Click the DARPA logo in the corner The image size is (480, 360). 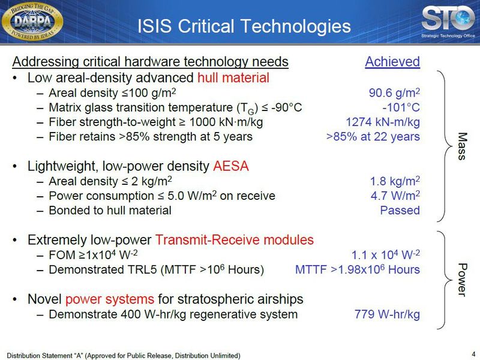click(40, 23)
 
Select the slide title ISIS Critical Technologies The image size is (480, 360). click(244, 26)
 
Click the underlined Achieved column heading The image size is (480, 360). click(392, 62)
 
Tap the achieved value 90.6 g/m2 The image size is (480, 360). click(394, 93)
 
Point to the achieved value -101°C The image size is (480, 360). click(401, 107)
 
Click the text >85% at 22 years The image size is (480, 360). click(373, 136)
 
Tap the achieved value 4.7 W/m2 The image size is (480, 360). click(395, 196)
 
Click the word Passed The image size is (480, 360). click(400, 210)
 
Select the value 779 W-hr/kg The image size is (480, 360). click(388, 314)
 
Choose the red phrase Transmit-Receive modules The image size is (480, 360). click(235, 240)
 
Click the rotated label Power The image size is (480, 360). click(461, 279)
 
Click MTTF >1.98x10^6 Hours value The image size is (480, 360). click(358, 269)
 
